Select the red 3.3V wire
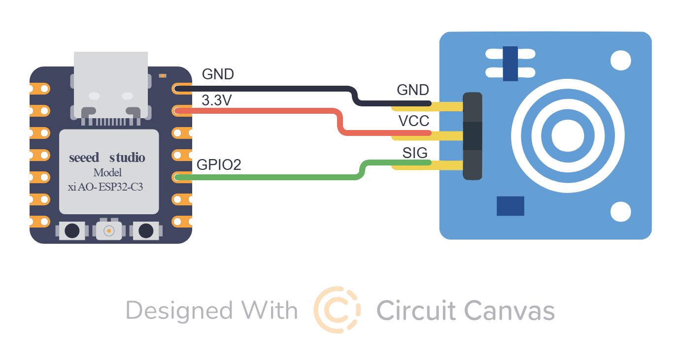click(266, 111)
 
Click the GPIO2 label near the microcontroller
click(219, 165)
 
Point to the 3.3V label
click(217, 100)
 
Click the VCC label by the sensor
click(414, 121)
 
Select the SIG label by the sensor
click(415, 153)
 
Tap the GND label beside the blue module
click(413, 90)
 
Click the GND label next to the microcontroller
click(218, 74)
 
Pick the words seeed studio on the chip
click(107, 158)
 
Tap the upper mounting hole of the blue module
click(620, 61)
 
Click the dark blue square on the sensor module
click(510, 206)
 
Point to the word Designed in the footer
click(179, 311)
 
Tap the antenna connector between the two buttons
click(108, 230)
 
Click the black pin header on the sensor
click(472, 135)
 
